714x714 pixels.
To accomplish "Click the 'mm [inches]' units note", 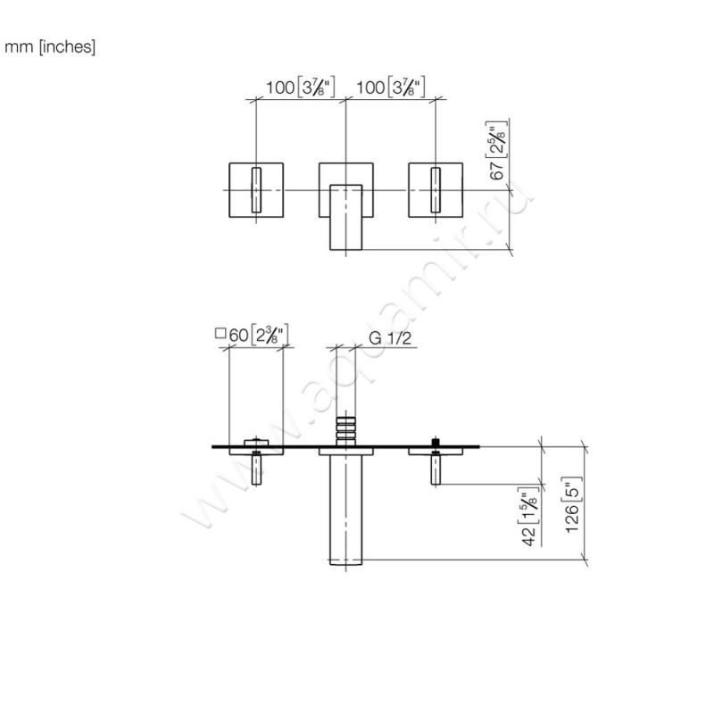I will click(50, 47).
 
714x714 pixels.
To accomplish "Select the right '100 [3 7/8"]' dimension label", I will click(390, 87).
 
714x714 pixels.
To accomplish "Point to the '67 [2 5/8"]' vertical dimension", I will click(501, 151).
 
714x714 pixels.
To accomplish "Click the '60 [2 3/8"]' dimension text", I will click(259, 336).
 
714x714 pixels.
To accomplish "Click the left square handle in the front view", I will click(256, 190).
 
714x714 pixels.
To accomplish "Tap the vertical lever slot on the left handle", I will click(256, 190).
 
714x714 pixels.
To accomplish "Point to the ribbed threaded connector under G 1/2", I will click(345, 428).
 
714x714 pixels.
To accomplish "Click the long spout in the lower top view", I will click(345, 509).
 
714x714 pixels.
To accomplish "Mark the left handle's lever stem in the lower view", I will click(256, 470).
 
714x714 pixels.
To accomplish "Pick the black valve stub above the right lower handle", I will click(435, 441).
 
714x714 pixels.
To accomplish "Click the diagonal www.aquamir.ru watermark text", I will click(357, 357).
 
